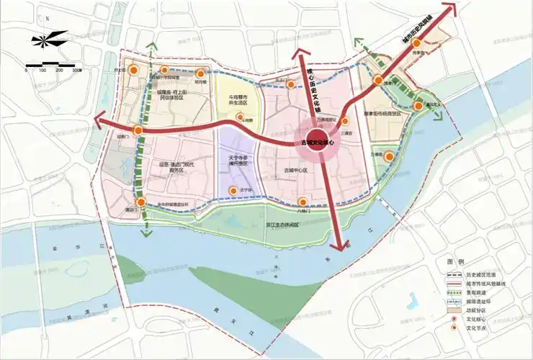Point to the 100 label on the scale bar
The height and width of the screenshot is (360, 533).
pos(43,71)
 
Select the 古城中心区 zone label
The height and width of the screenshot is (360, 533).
pos(295,171)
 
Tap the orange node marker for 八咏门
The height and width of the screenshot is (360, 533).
pos(303,202)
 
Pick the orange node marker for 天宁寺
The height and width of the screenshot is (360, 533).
pos(232,190)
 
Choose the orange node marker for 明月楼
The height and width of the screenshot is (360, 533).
pos(202,72)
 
